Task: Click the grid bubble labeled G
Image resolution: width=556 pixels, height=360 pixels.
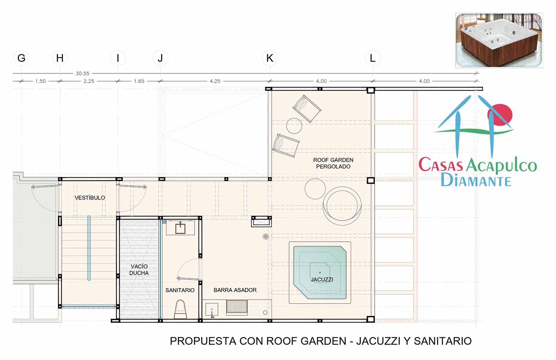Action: click(21, 58)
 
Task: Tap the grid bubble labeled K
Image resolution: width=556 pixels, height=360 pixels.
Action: click(270, 58)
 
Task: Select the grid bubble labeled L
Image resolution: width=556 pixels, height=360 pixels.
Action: click(373, 58)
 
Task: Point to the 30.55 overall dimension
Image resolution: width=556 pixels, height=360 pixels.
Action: click(82, 73)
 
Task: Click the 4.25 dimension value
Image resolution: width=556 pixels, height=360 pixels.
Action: click(215, 81)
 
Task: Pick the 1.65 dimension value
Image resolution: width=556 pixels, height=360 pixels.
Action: click(139, 81)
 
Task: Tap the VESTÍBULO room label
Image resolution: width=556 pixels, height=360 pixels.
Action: click(90, 198)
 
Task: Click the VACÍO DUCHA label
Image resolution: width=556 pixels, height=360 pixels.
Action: click(139, 270)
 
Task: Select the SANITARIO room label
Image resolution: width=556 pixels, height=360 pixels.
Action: click(180, 290)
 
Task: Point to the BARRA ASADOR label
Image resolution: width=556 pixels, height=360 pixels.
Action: click(235, 290)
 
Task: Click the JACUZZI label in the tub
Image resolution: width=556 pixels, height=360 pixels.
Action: click(322, 280)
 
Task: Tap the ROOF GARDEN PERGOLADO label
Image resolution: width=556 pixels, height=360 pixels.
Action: click(333, 163)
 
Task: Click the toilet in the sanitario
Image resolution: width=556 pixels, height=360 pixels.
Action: click(181, 309)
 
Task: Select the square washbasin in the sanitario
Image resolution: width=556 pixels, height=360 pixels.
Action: click(181, 229)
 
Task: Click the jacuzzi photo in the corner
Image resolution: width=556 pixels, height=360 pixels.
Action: click(499, 40)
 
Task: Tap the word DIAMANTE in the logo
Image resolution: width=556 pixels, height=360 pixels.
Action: click(476, 180)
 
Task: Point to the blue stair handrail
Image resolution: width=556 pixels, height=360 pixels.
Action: click(89, 248)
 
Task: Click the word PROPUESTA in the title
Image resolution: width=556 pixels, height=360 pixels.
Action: click(203, 341)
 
